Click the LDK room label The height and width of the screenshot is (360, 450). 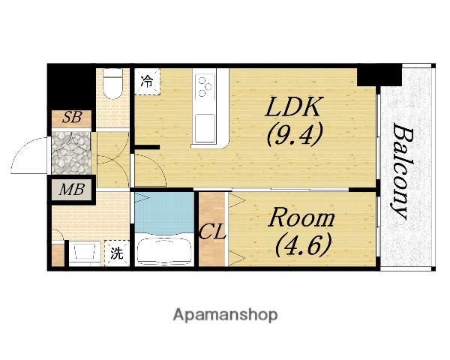pyautogui.click(x=292, y=106)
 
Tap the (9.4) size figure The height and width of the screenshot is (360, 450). pyautogui.click(x=295, y=134)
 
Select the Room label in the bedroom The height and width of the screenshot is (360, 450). pyautogui.click(x=301, y=219)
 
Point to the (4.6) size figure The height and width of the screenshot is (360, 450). pyautogui.click(x=303, y=245)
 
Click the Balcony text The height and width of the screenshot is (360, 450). pyautogui.click(x=402, y=172)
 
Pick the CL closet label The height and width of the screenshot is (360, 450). pyautogui.click(x=212, y=232)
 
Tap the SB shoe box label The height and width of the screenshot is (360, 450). pyautogui.click(x=71, y=118)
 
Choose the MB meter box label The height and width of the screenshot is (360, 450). pyautogui.click(x=71, y=190)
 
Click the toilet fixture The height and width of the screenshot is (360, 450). pyautogui.click(x=112, y=83)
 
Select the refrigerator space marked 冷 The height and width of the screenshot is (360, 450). pyautogui.click(x=147, y=81)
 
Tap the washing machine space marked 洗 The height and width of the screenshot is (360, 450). pyautogui.click(x=117, y=253)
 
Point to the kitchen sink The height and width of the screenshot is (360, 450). pyautogui.click(x=205, y=128)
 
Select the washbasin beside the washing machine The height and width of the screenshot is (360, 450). pyautogui.click(x=84, y=252)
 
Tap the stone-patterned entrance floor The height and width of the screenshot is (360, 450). pyautogui.click(x=71, y=153)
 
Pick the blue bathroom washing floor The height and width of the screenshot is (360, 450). pyautogui.click(x=164, y=213)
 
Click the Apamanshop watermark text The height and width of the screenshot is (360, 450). pyautogui.click(x=225, y=316)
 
